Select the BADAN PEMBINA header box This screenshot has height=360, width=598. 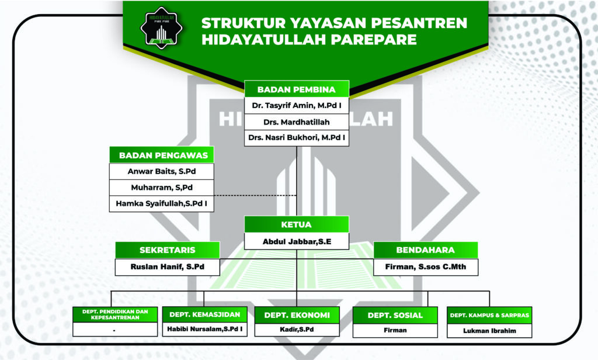(x=297, y=89)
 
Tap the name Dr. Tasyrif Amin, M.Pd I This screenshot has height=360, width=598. (x=297, y=106)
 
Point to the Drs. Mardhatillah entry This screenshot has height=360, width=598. (x=297, y=123)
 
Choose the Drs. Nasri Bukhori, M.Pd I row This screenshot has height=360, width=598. (x=297, y=139)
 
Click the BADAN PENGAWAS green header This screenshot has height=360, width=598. (x=162, y=155)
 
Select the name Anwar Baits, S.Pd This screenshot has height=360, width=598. (x=162, y=171)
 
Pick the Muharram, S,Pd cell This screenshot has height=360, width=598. (x=162, y=188)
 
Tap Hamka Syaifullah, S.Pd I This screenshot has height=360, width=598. (x=162, y=203)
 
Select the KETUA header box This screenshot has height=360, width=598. (x=297, y=224)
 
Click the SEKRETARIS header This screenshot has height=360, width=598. (x=167, y=250)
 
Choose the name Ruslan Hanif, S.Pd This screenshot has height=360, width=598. (x=167, y=267)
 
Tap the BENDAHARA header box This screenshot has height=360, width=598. (x=426, y=250)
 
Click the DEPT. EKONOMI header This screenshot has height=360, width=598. (x=297, y=315)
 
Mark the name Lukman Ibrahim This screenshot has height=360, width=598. (x=489, y=330)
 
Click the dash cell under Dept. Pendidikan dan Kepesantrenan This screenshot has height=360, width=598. (x=114, y=330)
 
